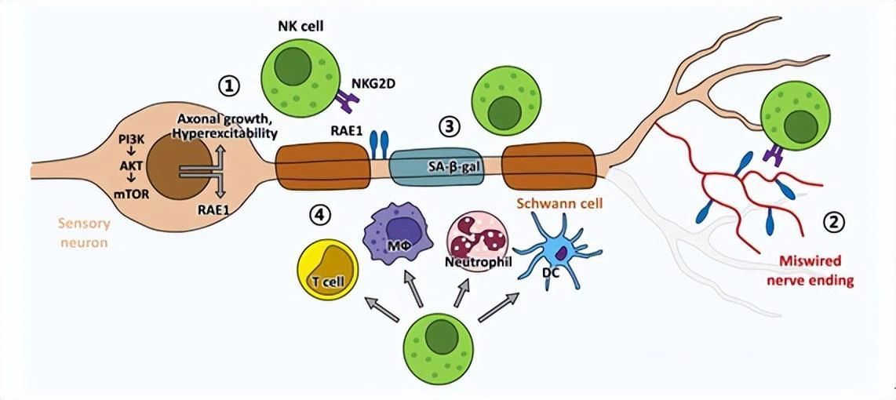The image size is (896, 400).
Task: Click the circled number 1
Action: (229, 84)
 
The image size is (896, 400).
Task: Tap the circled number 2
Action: (834, 223)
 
